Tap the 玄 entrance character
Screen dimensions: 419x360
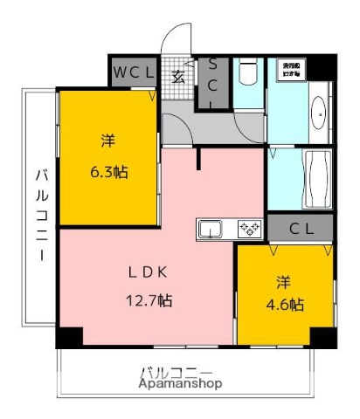tap(177, 76)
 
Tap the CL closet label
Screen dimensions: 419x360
tap(301, 229)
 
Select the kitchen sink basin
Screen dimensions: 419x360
tap(211, 230)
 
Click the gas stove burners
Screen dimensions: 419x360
tap(249, 230)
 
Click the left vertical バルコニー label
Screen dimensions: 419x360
tap(40, 214)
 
